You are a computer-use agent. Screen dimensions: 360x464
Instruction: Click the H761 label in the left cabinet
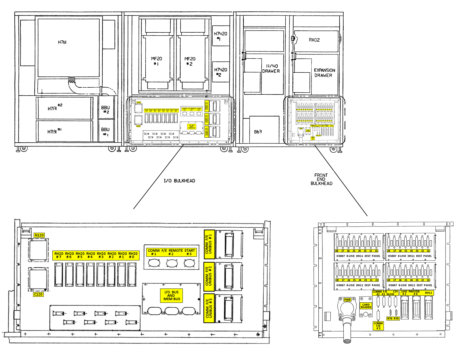pos(62,42)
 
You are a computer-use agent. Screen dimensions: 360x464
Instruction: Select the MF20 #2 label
pos(190,61)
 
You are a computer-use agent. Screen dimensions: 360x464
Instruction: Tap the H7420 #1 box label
pos(220,36)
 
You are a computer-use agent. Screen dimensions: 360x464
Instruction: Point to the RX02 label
pos(314,40)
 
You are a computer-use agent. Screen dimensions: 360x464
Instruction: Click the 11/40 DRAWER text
pos(271,69)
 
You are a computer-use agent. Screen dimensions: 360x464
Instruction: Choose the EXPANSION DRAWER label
pos(324,73)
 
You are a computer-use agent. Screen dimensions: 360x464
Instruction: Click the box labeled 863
pos(258,132)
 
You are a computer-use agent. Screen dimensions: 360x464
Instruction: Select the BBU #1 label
pos(105,132)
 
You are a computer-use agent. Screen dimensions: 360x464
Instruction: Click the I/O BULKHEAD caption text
pos(179,181)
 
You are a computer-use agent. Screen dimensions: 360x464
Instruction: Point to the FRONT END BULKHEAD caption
pos(321,179)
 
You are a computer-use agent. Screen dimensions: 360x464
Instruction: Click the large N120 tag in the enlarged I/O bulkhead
pos(39,235)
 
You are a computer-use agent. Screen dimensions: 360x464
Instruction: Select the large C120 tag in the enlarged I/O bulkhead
pos(38,294)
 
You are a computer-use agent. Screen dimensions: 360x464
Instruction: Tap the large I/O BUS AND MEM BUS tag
pos(172,296)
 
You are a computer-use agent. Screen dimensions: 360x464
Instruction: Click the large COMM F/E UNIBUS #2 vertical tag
pos(209,276)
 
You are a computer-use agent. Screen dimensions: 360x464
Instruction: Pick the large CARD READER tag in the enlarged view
pos(366,306)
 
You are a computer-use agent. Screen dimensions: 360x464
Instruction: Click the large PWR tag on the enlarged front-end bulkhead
pos(347,300)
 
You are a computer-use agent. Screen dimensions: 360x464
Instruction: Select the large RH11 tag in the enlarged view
pos(428,293)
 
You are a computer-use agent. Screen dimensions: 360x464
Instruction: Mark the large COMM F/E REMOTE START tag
pos(171,252)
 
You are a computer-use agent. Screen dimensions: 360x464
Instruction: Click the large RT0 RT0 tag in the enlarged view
pos(393,319)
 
